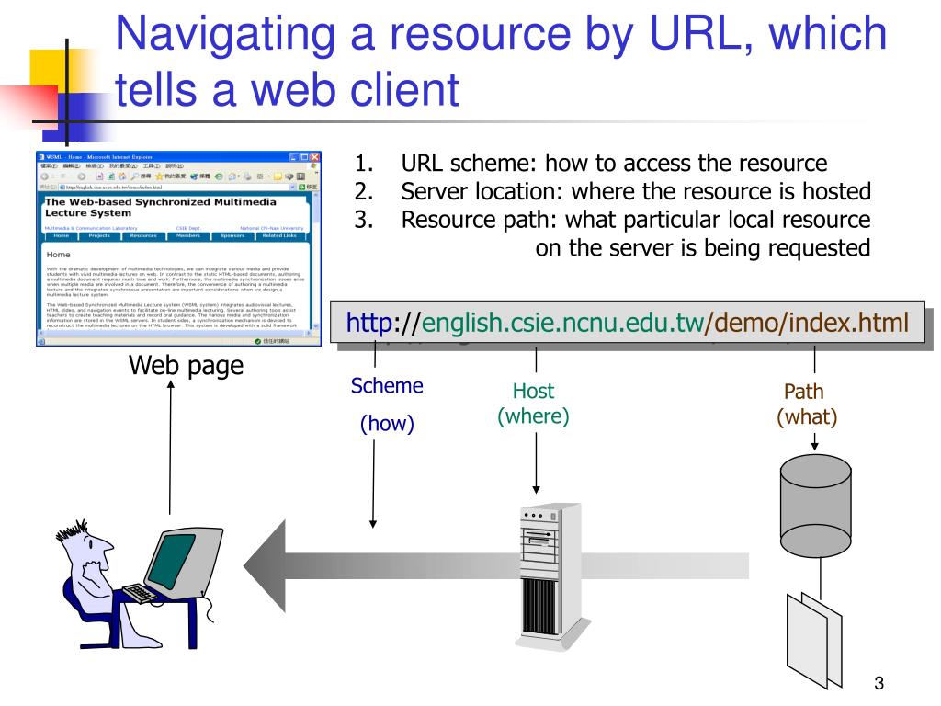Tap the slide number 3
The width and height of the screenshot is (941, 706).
click(879, 682)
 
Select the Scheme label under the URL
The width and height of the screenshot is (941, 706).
click(387, 386)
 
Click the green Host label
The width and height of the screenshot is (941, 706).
click(533, 393)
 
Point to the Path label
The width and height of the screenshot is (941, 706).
click(803, 393)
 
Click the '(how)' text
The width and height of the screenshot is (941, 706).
click(387, 424)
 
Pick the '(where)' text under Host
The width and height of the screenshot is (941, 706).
click(533, 416)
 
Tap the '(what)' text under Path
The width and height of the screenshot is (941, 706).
click(807, 416)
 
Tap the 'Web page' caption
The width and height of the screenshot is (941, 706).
click(187, 366)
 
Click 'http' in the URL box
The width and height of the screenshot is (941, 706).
click(369, 324)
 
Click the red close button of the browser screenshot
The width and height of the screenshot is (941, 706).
click(313, 157)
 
